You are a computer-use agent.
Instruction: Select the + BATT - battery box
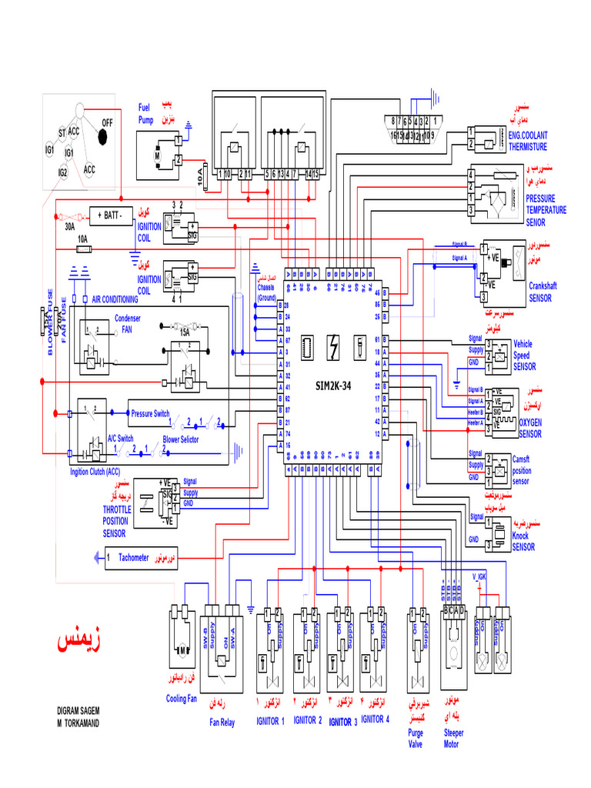[x=112, y=215]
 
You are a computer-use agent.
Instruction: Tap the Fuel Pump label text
[x=146, y=114]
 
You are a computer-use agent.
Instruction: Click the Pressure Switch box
[x=150, y=413]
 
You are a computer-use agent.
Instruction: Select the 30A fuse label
[x=69, y=227]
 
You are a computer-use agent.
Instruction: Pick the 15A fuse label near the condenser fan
[x=185, y=332]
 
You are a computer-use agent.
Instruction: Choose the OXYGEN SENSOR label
[x=530, y=428]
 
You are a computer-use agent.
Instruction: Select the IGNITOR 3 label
[x=342, y=722]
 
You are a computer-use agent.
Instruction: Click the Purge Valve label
[x=416, y=739]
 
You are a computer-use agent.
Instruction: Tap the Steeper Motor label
[x=454, y=739]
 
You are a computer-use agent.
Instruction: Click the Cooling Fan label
[x=182, y=699]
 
